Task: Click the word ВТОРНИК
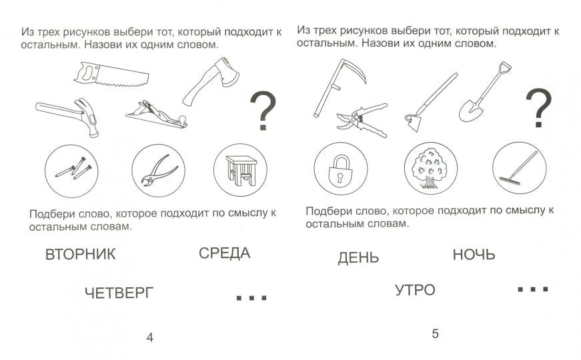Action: click(x=80, y=254)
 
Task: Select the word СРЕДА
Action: click(x=224, y=253)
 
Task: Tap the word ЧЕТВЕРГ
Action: click(x=119, y=293)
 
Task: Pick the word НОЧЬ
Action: click(x=474, y=255)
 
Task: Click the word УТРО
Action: click(x=414, y=290)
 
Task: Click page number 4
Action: click(x=149, y=337)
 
